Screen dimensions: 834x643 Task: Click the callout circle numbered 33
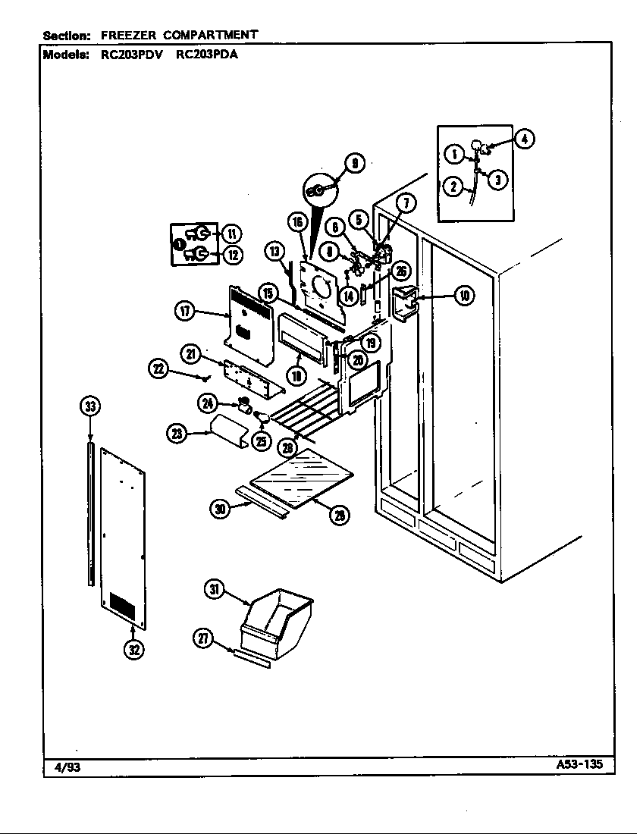[90, 406]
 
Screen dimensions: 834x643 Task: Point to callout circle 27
[204, 639]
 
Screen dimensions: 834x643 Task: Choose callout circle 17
[185, 310]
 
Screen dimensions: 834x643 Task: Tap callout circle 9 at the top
[353, 163]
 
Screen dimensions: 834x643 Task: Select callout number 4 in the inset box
[524, 139]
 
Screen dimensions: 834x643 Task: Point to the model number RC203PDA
[207, 55]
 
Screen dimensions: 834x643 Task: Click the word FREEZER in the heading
[124, 35]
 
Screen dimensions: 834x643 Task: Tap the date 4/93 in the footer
[67, 767]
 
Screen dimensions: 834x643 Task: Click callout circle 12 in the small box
[231, 256]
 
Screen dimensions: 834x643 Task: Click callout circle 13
[274, 251]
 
